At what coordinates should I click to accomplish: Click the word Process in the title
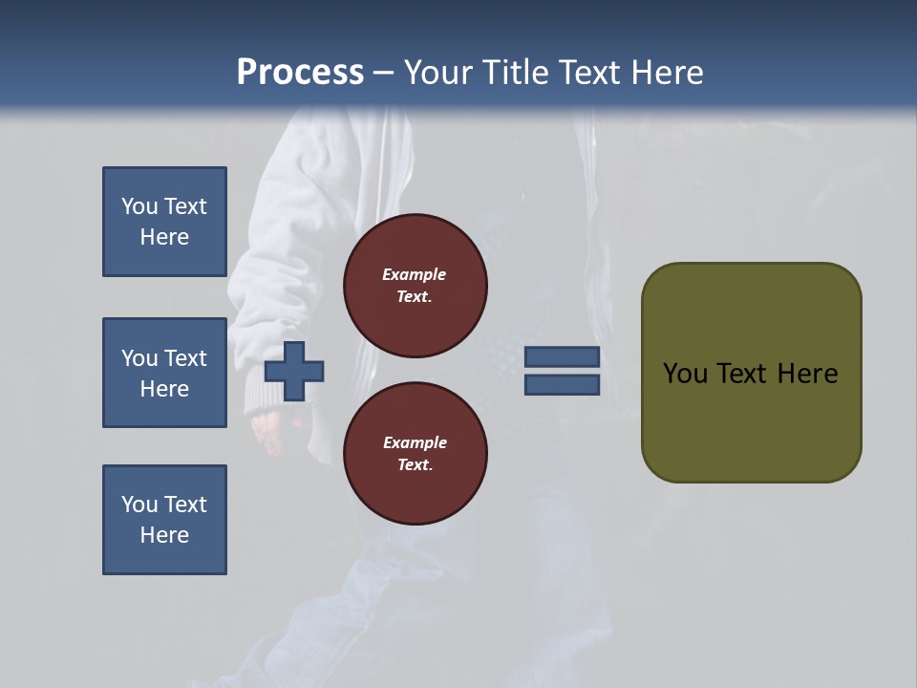(x=300, y=73)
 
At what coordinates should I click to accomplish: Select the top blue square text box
(x=164, y=222)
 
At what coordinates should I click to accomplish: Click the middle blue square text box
(x=164, y=373)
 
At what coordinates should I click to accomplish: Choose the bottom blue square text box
(x=164, y=520)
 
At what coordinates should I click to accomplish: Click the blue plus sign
(x=294, y=371)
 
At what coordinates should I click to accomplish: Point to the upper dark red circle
(x=416, y=286)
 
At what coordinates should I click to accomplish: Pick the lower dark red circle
(x=416, y=454)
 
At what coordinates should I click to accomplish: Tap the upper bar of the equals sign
(x=563, y=356)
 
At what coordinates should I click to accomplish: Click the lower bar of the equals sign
(x=563, y=385)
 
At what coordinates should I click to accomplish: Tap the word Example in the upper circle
(x=414, y=274)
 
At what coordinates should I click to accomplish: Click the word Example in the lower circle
(x=415, y=442)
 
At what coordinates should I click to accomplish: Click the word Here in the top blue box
(x=164, y=237)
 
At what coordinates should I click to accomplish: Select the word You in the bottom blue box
(x=139, y=505)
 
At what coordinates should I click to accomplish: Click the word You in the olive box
(x=685, y=374)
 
